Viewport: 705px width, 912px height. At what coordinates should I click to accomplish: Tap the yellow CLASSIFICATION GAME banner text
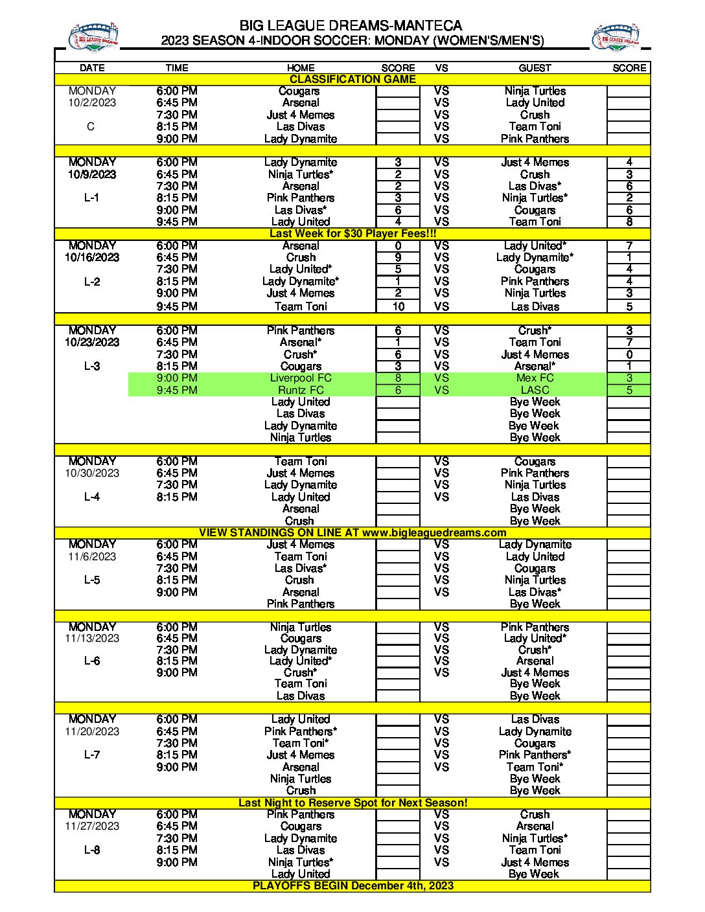(x=352, y=79)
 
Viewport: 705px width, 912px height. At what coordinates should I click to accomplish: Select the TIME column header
(x=176, y=67)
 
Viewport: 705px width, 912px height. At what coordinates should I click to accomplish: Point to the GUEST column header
(x=535, y=67)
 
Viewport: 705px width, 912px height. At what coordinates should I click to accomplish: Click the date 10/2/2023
(x=92, y=102)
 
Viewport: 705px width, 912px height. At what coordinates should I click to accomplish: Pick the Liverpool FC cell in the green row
(x=301, y=378)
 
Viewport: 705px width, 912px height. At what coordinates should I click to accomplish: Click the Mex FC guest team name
(x=535, y=378)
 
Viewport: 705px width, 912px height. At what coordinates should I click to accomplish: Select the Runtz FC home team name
(x=301, y=390)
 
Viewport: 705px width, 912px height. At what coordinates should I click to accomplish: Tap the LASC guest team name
(x=535, y=390)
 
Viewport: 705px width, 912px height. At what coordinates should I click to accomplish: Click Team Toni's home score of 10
(x=398, y=306)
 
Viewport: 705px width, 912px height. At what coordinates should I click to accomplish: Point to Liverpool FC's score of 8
(x=398, y=378)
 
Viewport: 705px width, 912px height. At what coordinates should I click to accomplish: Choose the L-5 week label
(x=92, y=580)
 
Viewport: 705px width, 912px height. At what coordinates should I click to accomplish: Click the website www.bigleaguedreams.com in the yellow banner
(x=434, y=532)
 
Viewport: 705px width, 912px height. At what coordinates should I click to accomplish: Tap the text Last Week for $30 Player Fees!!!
(x=352, y=233)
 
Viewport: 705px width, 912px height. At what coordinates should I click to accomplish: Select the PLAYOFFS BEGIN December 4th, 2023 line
(x=352, y=885)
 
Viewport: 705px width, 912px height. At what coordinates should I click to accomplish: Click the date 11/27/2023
(x=92, y=826)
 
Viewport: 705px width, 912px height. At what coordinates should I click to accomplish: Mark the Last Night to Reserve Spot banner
(x=352, y=803)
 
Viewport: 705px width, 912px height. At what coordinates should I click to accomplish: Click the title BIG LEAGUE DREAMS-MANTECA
(x=351, y=25)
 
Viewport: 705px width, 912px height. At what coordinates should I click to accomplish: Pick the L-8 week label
(x=92, y=850)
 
